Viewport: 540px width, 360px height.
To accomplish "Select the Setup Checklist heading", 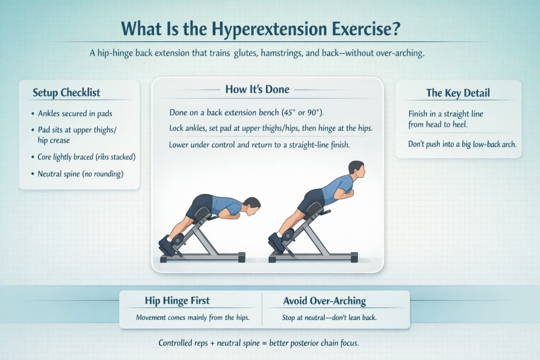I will (66, 93).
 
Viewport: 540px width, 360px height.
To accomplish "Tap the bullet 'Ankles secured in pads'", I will (75, 113).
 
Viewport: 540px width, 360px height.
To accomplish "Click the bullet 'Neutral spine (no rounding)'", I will (81, 173).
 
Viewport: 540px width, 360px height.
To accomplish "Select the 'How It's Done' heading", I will (257, 89).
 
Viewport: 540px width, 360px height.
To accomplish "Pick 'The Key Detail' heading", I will (458, 93).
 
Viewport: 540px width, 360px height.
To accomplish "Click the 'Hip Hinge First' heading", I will (177, 300).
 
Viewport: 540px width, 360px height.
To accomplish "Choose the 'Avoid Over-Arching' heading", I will (325, 301).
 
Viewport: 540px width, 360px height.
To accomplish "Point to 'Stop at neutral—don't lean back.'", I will (325, 318).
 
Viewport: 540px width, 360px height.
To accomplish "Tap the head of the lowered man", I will (253, 205).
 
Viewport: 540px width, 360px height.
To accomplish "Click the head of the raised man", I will (356, 171).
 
